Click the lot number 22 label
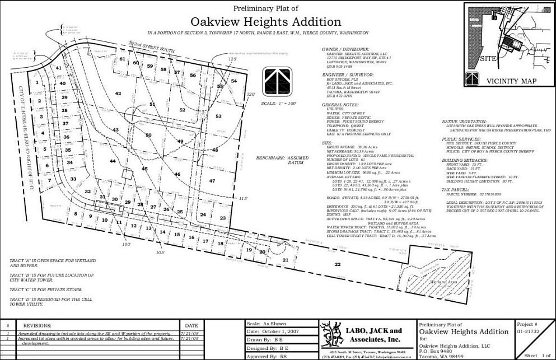(x=337, y=264)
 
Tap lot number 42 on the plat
(x=118, y=93)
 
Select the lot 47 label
(x=212, y=181)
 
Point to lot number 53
(x=219, y=116)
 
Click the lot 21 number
(x=285, y=260)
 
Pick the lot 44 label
(x=113, y=161)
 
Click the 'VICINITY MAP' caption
(x=511, y=81)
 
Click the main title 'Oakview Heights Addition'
(x=265, y=22)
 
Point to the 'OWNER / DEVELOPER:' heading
(x=345, y=49)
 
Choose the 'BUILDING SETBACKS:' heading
(x=465, y=160)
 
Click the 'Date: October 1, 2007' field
(x=274, y=332)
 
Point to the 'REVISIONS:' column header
(x=37, y=325)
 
